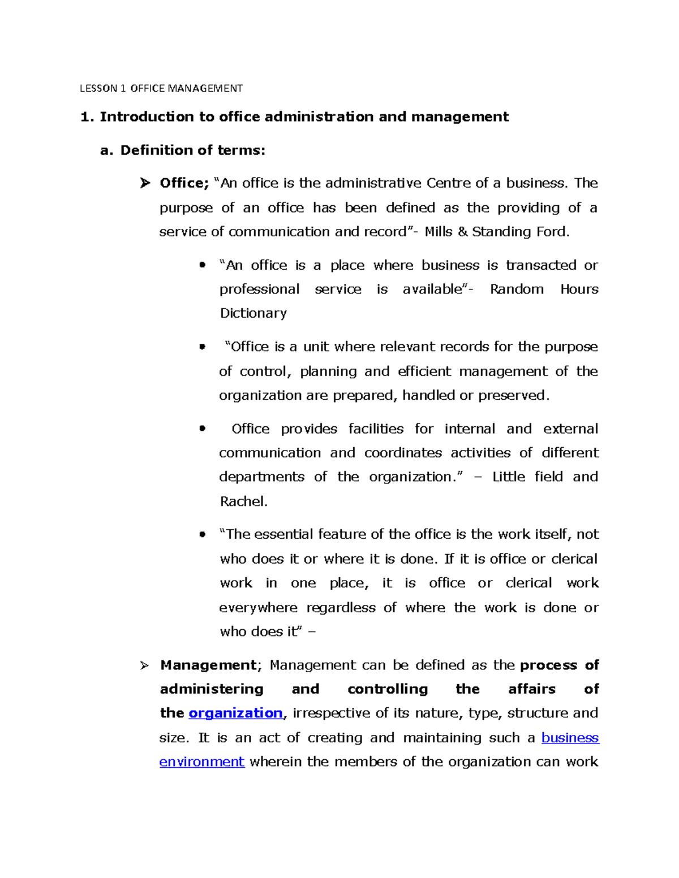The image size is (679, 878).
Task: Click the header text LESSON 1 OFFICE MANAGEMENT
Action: pos(161,88)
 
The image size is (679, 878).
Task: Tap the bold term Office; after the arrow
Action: pos(184,183)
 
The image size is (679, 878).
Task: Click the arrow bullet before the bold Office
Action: pos(145,183)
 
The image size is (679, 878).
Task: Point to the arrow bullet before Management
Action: pos(145,666)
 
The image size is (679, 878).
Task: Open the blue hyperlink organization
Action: pos(235,713)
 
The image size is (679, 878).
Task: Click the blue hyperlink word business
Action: pos(570,738)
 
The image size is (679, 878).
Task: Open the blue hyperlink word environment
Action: pos(202,762)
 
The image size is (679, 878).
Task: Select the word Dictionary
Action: pos(253,313)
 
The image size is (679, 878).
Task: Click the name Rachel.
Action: pos(243,501)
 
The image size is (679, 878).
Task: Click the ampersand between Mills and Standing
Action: pos(462,232)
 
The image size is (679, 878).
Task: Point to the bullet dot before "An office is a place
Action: pos(202,265)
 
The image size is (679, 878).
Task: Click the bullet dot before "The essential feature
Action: pos(202,535)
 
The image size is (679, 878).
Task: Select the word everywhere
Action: pos(258,608)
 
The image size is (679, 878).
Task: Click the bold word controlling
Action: pos(388,689)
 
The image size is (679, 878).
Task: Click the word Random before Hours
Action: pos(517,289)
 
